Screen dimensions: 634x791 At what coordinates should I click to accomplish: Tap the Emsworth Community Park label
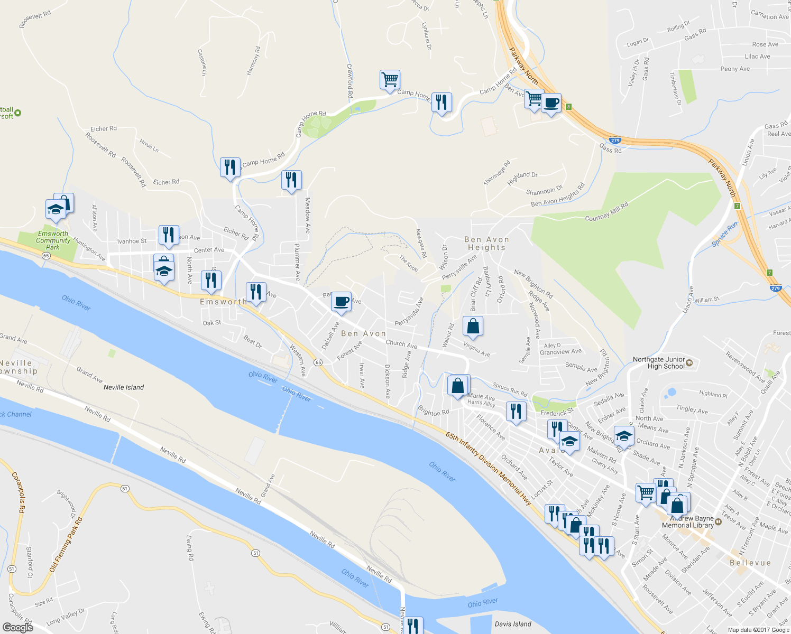click(53, 240)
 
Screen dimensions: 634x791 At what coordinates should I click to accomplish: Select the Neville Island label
click(124, 387)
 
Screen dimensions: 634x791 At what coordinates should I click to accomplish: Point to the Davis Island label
click(513, 624)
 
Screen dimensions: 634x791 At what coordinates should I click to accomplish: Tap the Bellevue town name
click(750, 563)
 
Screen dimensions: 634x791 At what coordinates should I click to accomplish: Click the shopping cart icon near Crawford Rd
click(390, 80)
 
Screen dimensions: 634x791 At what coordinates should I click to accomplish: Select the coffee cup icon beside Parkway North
click(551, 102)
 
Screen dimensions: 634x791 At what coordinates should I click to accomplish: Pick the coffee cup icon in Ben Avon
click(342, 302)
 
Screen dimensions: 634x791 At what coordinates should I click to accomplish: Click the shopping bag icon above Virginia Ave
click(473, 327)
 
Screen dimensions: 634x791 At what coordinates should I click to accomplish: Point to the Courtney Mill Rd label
click(606, 212)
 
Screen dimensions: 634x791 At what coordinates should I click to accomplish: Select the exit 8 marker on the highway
click(568, 107)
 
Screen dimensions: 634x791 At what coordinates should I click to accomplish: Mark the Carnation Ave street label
click(769, 15)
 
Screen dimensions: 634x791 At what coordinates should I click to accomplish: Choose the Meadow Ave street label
click(307, 215)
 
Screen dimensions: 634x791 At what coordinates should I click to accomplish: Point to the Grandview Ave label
click(560, 352)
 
